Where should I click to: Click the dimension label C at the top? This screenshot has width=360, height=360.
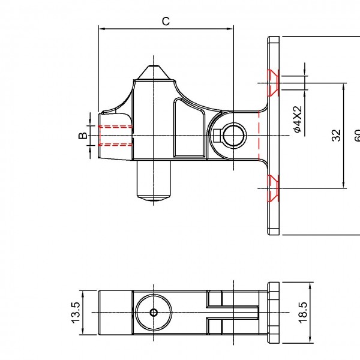[x=166, y=21]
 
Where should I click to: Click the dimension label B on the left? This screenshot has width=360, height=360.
[x=82, y=136]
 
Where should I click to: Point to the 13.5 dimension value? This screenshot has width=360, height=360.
[x=75, y=313]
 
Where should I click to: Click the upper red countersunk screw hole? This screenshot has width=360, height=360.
[x=273, y=82]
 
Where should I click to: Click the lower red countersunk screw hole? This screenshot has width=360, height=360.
[x=273, y=187]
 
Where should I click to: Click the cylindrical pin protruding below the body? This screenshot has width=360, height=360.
[x=155, y=181]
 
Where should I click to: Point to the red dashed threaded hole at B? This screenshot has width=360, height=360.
[x=113, y=136]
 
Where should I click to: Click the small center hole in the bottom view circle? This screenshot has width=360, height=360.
[x=154, y=313]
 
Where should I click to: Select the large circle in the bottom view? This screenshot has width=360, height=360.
[x=154, y=313]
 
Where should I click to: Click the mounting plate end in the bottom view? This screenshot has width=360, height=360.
[x=274, y=313]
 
